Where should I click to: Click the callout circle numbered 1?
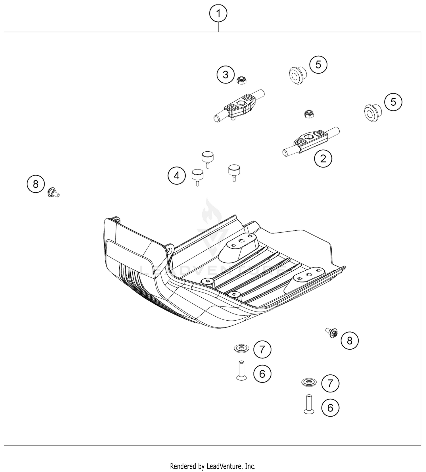point(218,13)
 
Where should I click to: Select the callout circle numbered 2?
point(323,158)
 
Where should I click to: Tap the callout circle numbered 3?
point(225,75)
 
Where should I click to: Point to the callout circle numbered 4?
point(176,176)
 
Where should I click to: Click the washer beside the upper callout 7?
point(241,348)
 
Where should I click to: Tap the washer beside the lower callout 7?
point(309,382)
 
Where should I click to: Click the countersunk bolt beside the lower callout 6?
point(309,404)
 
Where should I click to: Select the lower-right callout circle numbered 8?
point(349,341)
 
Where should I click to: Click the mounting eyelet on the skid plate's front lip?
point(170,249)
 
